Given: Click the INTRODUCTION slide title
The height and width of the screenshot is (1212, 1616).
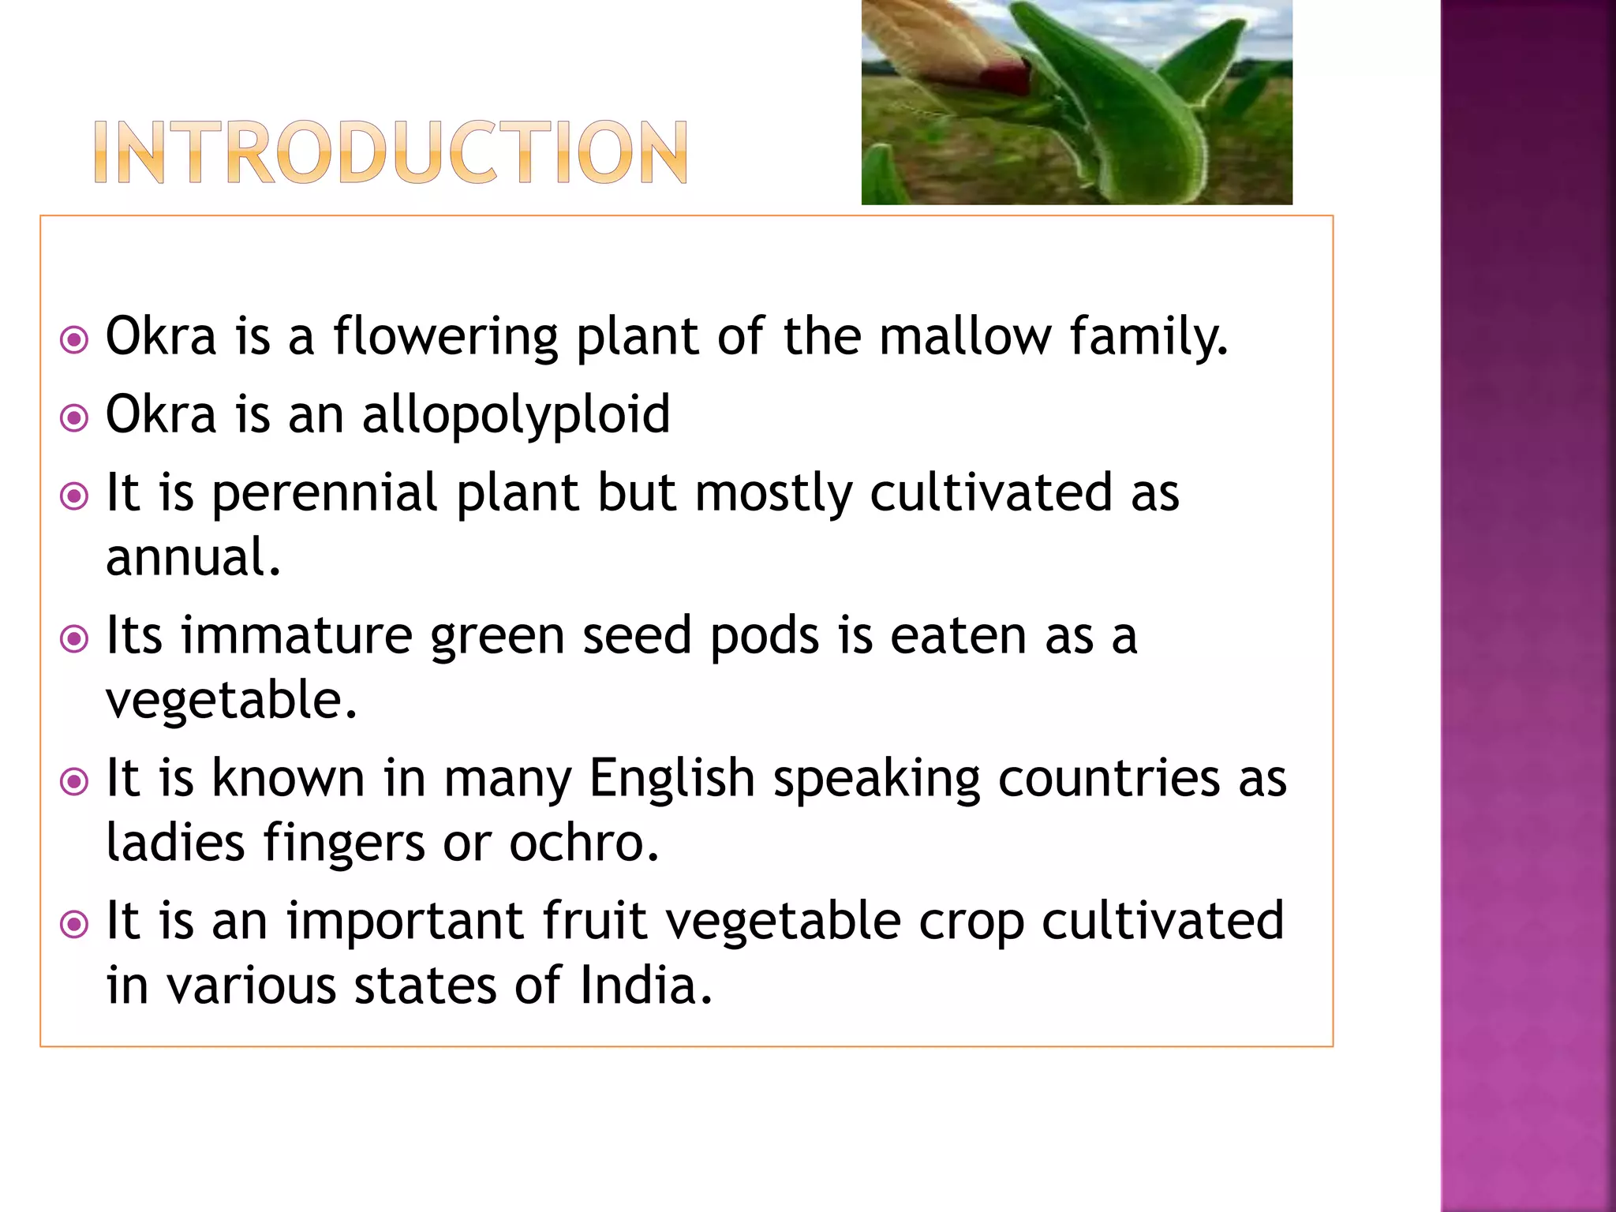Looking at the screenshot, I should point(391,152).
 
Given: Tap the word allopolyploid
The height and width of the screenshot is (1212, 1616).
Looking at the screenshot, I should point(516,414).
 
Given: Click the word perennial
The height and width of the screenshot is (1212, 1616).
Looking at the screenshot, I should point(324,494).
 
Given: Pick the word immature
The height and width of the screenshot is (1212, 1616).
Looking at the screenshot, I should point(297,635).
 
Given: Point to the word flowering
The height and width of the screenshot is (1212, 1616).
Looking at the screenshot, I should point(445,336).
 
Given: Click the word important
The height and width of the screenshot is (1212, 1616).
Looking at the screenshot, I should point(405,921).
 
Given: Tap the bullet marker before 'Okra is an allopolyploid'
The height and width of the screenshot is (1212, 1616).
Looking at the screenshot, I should point(74,417).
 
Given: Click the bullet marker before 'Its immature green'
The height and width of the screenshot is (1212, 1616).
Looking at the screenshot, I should point(74,638).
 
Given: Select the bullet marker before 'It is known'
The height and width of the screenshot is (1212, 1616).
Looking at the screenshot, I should point(74,781).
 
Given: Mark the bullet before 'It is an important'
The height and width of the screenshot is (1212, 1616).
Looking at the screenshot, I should point(74,924).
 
